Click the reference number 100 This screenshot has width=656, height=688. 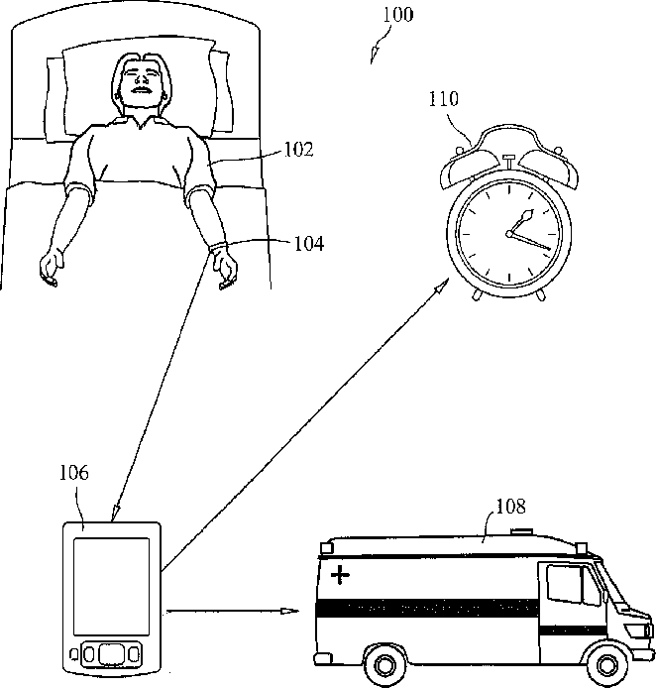[x=395, y=15]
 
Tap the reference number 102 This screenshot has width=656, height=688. [x=297, y=150]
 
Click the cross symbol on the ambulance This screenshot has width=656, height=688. [x=341, y=575]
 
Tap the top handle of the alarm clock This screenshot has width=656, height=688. [x=508, y=161]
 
